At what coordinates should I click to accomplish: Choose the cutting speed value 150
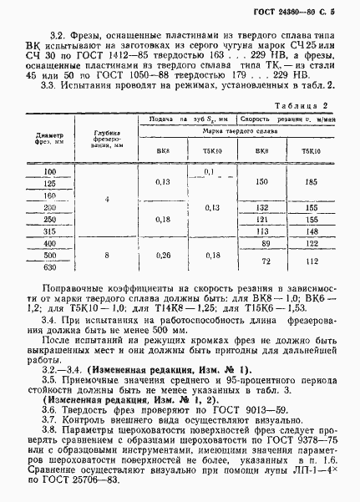(x=261, y=181)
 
